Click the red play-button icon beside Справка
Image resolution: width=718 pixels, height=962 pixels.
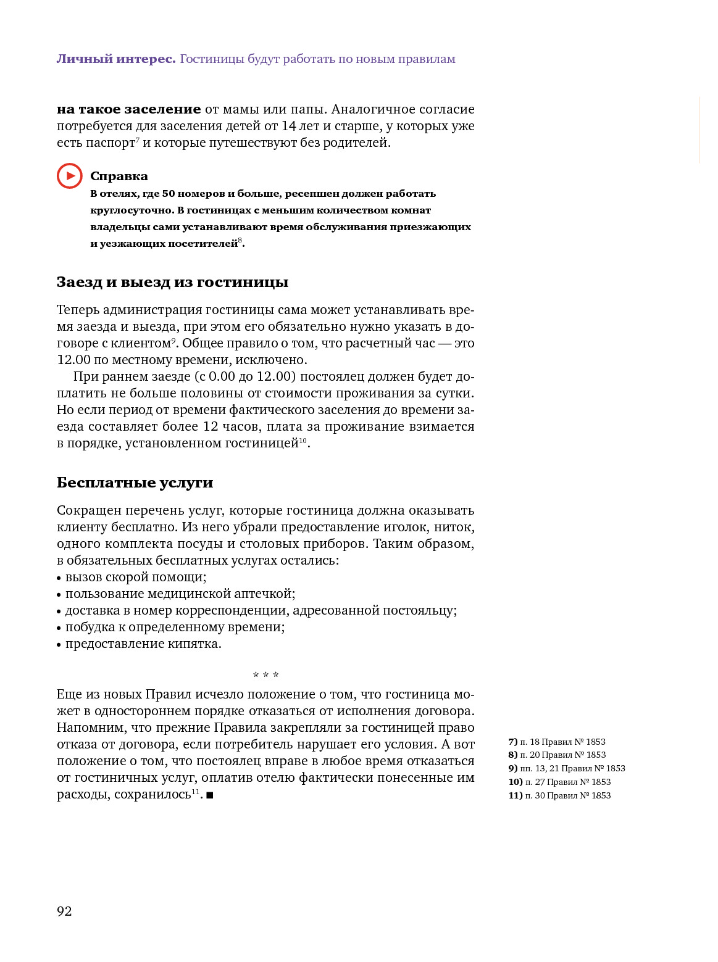coord(70,176)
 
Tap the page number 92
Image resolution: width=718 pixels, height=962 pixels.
coord(64,911)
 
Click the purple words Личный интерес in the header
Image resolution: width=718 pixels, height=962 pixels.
coord(116,59)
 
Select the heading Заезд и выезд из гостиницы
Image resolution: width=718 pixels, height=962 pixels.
coord(172,283)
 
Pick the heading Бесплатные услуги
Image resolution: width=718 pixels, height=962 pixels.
coord(135,483)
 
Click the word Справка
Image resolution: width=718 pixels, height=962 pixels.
coord(119,176)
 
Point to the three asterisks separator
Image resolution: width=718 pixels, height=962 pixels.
coord(265,676)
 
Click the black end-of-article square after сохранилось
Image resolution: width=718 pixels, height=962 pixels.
coord(210,795)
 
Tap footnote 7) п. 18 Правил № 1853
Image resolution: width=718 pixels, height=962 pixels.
coord(556,742)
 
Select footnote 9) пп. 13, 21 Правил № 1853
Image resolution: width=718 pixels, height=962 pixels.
coord(566,768)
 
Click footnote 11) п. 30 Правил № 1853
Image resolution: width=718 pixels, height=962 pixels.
coord(559,795)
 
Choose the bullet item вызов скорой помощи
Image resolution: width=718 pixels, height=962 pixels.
coord(135,577)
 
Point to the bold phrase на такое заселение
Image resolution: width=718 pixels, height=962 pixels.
coord(128,109)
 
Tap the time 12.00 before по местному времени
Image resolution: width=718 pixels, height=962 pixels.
coord(73,360)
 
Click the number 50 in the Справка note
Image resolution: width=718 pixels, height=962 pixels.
coord(169,194)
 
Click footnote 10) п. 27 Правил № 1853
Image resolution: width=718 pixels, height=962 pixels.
coord(559,782)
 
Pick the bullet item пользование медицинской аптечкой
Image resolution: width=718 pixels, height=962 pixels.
coord(180,594)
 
